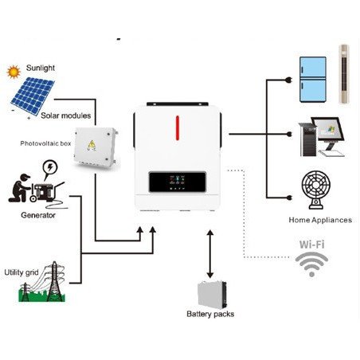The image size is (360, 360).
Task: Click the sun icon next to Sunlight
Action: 13,72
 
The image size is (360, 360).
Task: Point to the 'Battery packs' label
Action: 209,314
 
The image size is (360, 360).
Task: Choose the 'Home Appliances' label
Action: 319,218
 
